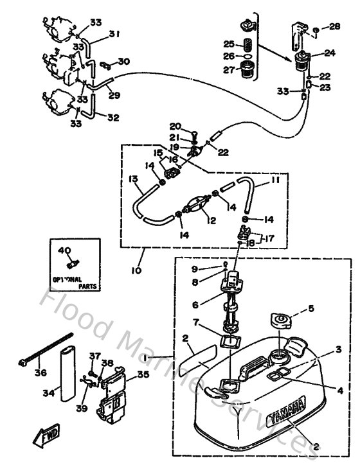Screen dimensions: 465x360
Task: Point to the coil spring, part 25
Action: click(244, 44)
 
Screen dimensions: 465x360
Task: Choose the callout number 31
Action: click(114, 34)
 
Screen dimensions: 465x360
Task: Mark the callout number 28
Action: click(334, 26)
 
